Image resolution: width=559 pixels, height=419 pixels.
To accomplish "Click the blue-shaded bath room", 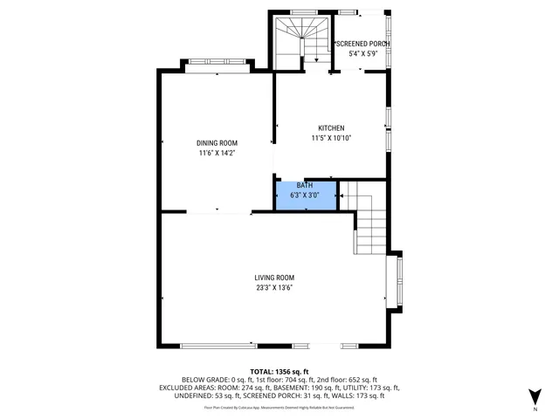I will (305, 195).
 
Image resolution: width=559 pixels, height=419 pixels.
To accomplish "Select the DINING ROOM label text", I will (217, 143).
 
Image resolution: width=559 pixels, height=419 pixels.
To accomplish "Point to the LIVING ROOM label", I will (274, 278).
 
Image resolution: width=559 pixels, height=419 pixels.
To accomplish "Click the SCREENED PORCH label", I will (362, 44).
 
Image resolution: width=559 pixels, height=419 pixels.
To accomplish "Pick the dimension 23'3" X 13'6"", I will (274, 287).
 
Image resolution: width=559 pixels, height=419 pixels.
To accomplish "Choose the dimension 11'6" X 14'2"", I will (217, 153).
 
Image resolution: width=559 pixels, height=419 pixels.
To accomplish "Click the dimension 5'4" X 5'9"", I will (362, 53).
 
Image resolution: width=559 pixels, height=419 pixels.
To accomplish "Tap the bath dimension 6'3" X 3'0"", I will (305, 196).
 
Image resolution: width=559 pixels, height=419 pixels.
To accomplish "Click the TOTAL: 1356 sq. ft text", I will (279, 371).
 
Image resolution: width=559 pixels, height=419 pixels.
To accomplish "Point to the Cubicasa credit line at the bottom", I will (279, 407).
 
